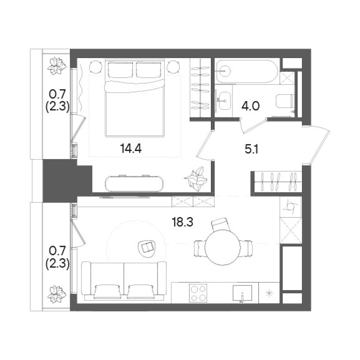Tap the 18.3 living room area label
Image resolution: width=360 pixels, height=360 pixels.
pyautogui.click(x=182, y=222)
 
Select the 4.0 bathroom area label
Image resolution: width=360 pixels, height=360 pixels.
pyautogui.click(x=250, y=107)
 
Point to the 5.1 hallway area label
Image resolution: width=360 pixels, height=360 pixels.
pyautogui.click(x=251, y=149)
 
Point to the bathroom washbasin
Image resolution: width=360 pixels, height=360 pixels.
pyautogui.click(x=223, y=101)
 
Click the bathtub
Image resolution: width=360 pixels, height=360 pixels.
pyautogui.click(x=247, y=71)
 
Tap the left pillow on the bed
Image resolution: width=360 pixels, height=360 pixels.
pyautogui.click(x=120, y=70)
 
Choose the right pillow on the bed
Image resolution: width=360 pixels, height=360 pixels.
pyautogui.click(x=149, y=70)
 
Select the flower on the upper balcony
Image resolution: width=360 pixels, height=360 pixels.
pyautogui.click(x=57, y=66)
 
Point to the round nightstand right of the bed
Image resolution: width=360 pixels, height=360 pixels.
pyautogui.click(x=173, y=67)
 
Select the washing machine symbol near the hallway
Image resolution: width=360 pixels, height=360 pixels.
pyautogui.click(x=291, y=207)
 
